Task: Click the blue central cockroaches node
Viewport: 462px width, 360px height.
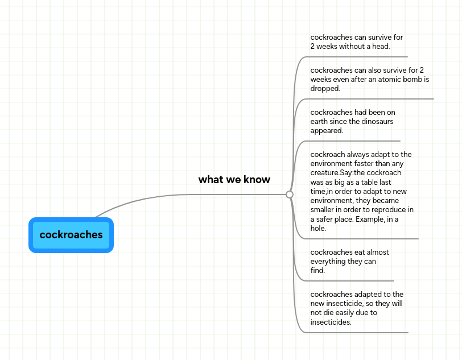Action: tap(71, 235)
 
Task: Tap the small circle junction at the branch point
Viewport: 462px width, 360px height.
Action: tap(290, 195)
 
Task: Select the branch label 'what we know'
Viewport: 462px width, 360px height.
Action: tap(234, 180)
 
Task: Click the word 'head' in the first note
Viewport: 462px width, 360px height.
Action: tap(380, 47)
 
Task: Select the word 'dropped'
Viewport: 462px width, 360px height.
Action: tap(324, 89)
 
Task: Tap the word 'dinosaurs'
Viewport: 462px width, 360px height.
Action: tap(377, 122)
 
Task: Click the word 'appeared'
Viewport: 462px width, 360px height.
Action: tap(326, 131)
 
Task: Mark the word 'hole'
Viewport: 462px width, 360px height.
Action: tap(317, 229)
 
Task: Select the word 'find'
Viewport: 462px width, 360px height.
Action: tap(316, 271)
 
